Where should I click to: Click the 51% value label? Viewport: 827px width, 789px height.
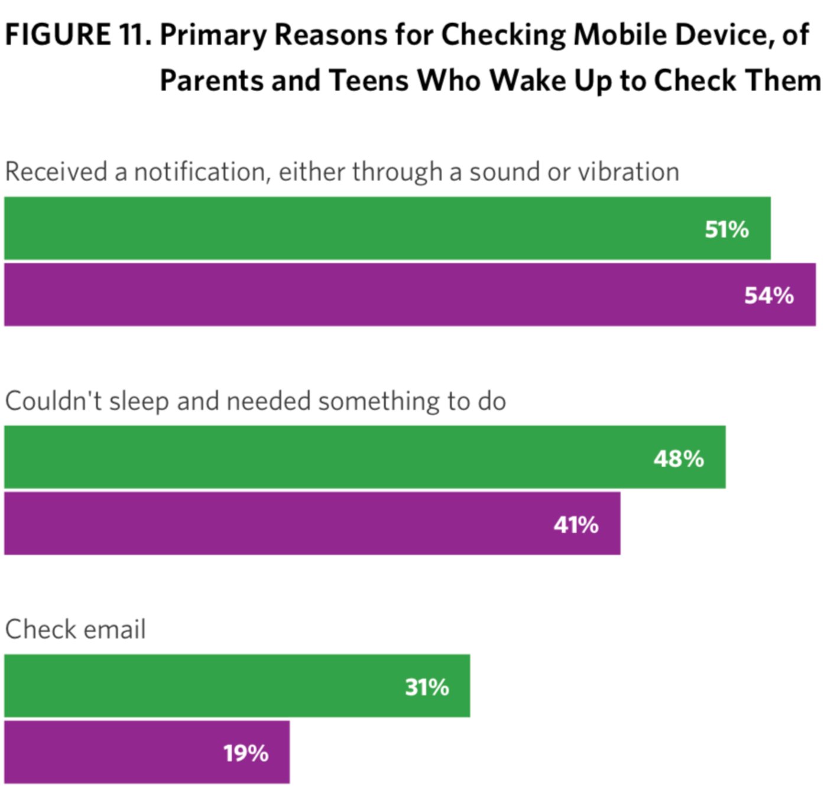tap(727, 229)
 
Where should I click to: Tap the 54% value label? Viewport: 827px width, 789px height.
tap(768, 295)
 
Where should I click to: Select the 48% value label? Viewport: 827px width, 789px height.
tap(679, 458)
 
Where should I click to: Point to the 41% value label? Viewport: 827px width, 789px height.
tap(576, 525)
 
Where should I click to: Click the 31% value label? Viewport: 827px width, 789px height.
tap(427, 687)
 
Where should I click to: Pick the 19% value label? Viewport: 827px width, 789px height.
tap(246, 754)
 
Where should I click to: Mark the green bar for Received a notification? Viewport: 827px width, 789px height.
tap(355, 228)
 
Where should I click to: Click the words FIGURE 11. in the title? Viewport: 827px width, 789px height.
tap(77, 35)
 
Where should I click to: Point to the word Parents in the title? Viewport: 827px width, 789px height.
tap(211, 80)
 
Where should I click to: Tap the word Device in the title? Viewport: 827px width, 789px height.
tap(725, 35)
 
